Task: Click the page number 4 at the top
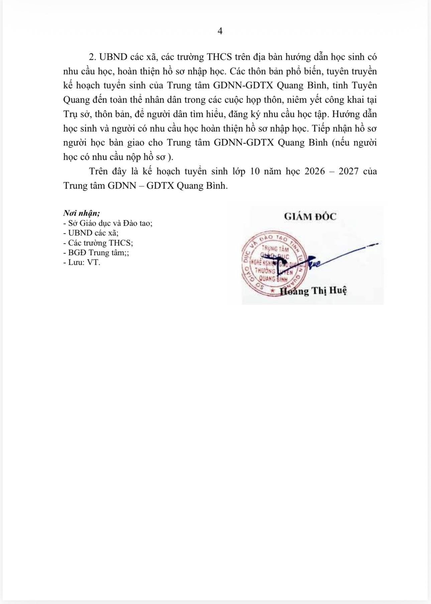coord(220,31)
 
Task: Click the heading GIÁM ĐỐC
coord(310,216)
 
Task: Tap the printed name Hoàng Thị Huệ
coord(313,291)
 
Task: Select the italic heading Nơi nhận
coord(82,213)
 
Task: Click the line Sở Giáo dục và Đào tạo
coord(108,223)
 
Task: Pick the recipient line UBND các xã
coord(91,233)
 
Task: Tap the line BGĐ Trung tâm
coord(96,253)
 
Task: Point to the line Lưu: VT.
coord(82,263)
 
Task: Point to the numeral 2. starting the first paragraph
coord(93,57)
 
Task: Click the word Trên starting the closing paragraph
coord(99,171)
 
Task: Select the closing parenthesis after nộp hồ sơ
coord(171,157)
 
